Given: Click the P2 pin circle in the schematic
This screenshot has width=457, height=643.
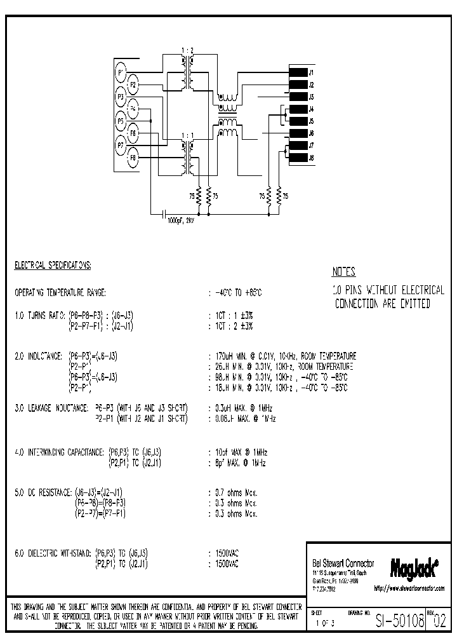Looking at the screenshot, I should (x=133, y=84).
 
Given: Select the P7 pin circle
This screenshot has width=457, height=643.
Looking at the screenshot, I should (x=121, y=146).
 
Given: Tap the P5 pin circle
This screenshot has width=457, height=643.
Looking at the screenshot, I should (x=121, y=121).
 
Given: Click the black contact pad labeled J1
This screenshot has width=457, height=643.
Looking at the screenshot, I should (x=298, y=72).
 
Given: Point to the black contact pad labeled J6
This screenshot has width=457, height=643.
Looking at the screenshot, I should (x=298, y=133).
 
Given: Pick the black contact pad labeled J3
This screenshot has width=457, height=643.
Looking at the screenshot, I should (x=298, y=97).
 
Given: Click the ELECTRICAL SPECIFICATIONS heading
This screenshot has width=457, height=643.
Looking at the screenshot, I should (x=53, y=264).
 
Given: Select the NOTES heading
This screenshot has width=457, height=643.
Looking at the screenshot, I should (x=343, y=272).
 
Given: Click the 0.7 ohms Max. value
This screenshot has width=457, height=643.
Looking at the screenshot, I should (x=236, y=492).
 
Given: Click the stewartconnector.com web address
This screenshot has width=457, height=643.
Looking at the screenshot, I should (x=409, y=589).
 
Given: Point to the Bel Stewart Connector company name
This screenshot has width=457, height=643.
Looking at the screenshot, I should (x=343, y=564).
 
